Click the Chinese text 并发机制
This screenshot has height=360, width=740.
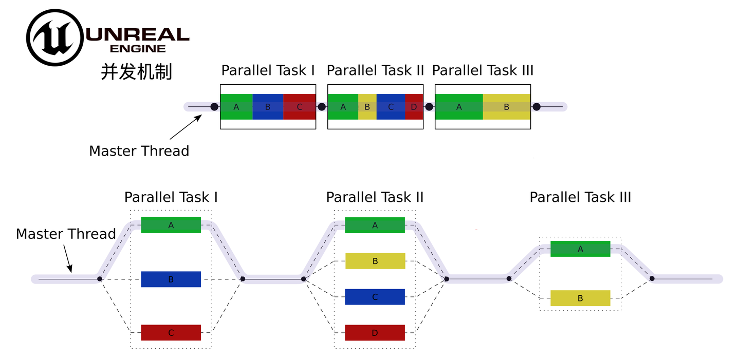click(136, 72)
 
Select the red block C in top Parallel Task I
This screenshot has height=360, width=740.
click(300, 107)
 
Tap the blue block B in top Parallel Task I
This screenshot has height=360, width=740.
click(268, 107)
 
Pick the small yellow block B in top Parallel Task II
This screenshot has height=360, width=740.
click(367, 107)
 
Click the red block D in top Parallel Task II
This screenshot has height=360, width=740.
click(414, 107)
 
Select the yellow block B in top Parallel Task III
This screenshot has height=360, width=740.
click(506, 107)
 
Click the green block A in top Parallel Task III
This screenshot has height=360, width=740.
click(459, 107)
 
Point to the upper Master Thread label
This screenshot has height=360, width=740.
click(139, 151)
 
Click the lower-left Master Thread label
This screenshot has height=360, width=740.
click(66, 234)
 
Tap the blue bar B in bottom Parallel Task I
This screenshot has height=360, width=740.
click(171, 279)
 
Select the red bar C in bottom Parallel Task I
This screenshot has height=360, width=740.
click(171, 333)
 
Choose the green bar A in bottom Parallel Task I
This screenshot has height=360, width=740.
click(171, 225)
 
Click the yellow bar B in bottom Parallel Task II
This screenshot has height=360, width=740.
click(375, 261)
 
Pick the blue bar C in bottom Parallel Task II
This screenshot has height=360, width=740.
click(375, 297)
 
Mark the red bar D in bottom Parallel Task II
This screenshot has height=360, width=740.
click(375, 333)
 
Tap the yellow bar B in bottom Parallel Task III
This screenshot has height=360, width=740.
click(580, 298)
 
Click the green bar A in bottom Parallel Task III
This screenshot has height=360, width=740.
click(580, 249)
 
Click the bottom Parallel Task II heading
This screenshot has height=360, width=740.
click(375, 197)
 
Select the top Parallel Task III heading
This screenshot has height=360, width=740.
click(483, 70)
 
